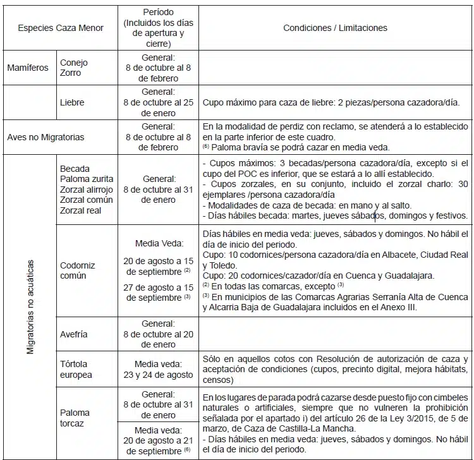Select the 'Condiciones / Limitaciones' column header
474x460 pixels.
(335, 28)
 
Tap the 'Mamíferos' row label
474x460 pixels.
(28, 68)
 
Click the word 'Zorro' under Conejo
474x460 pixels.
(71, 73)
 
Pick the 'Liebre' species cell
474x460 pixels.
(72, 102)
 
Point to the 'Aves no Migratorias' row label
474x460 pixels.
(46, 137)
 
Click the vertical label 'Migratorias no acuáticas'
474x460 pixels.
(30, 306)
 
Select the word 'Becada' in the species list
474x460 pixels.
(75, 169)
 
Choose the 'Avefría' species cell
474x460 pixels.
(74, 334)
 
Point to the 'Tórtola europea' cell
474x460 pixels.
(76, 369)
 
